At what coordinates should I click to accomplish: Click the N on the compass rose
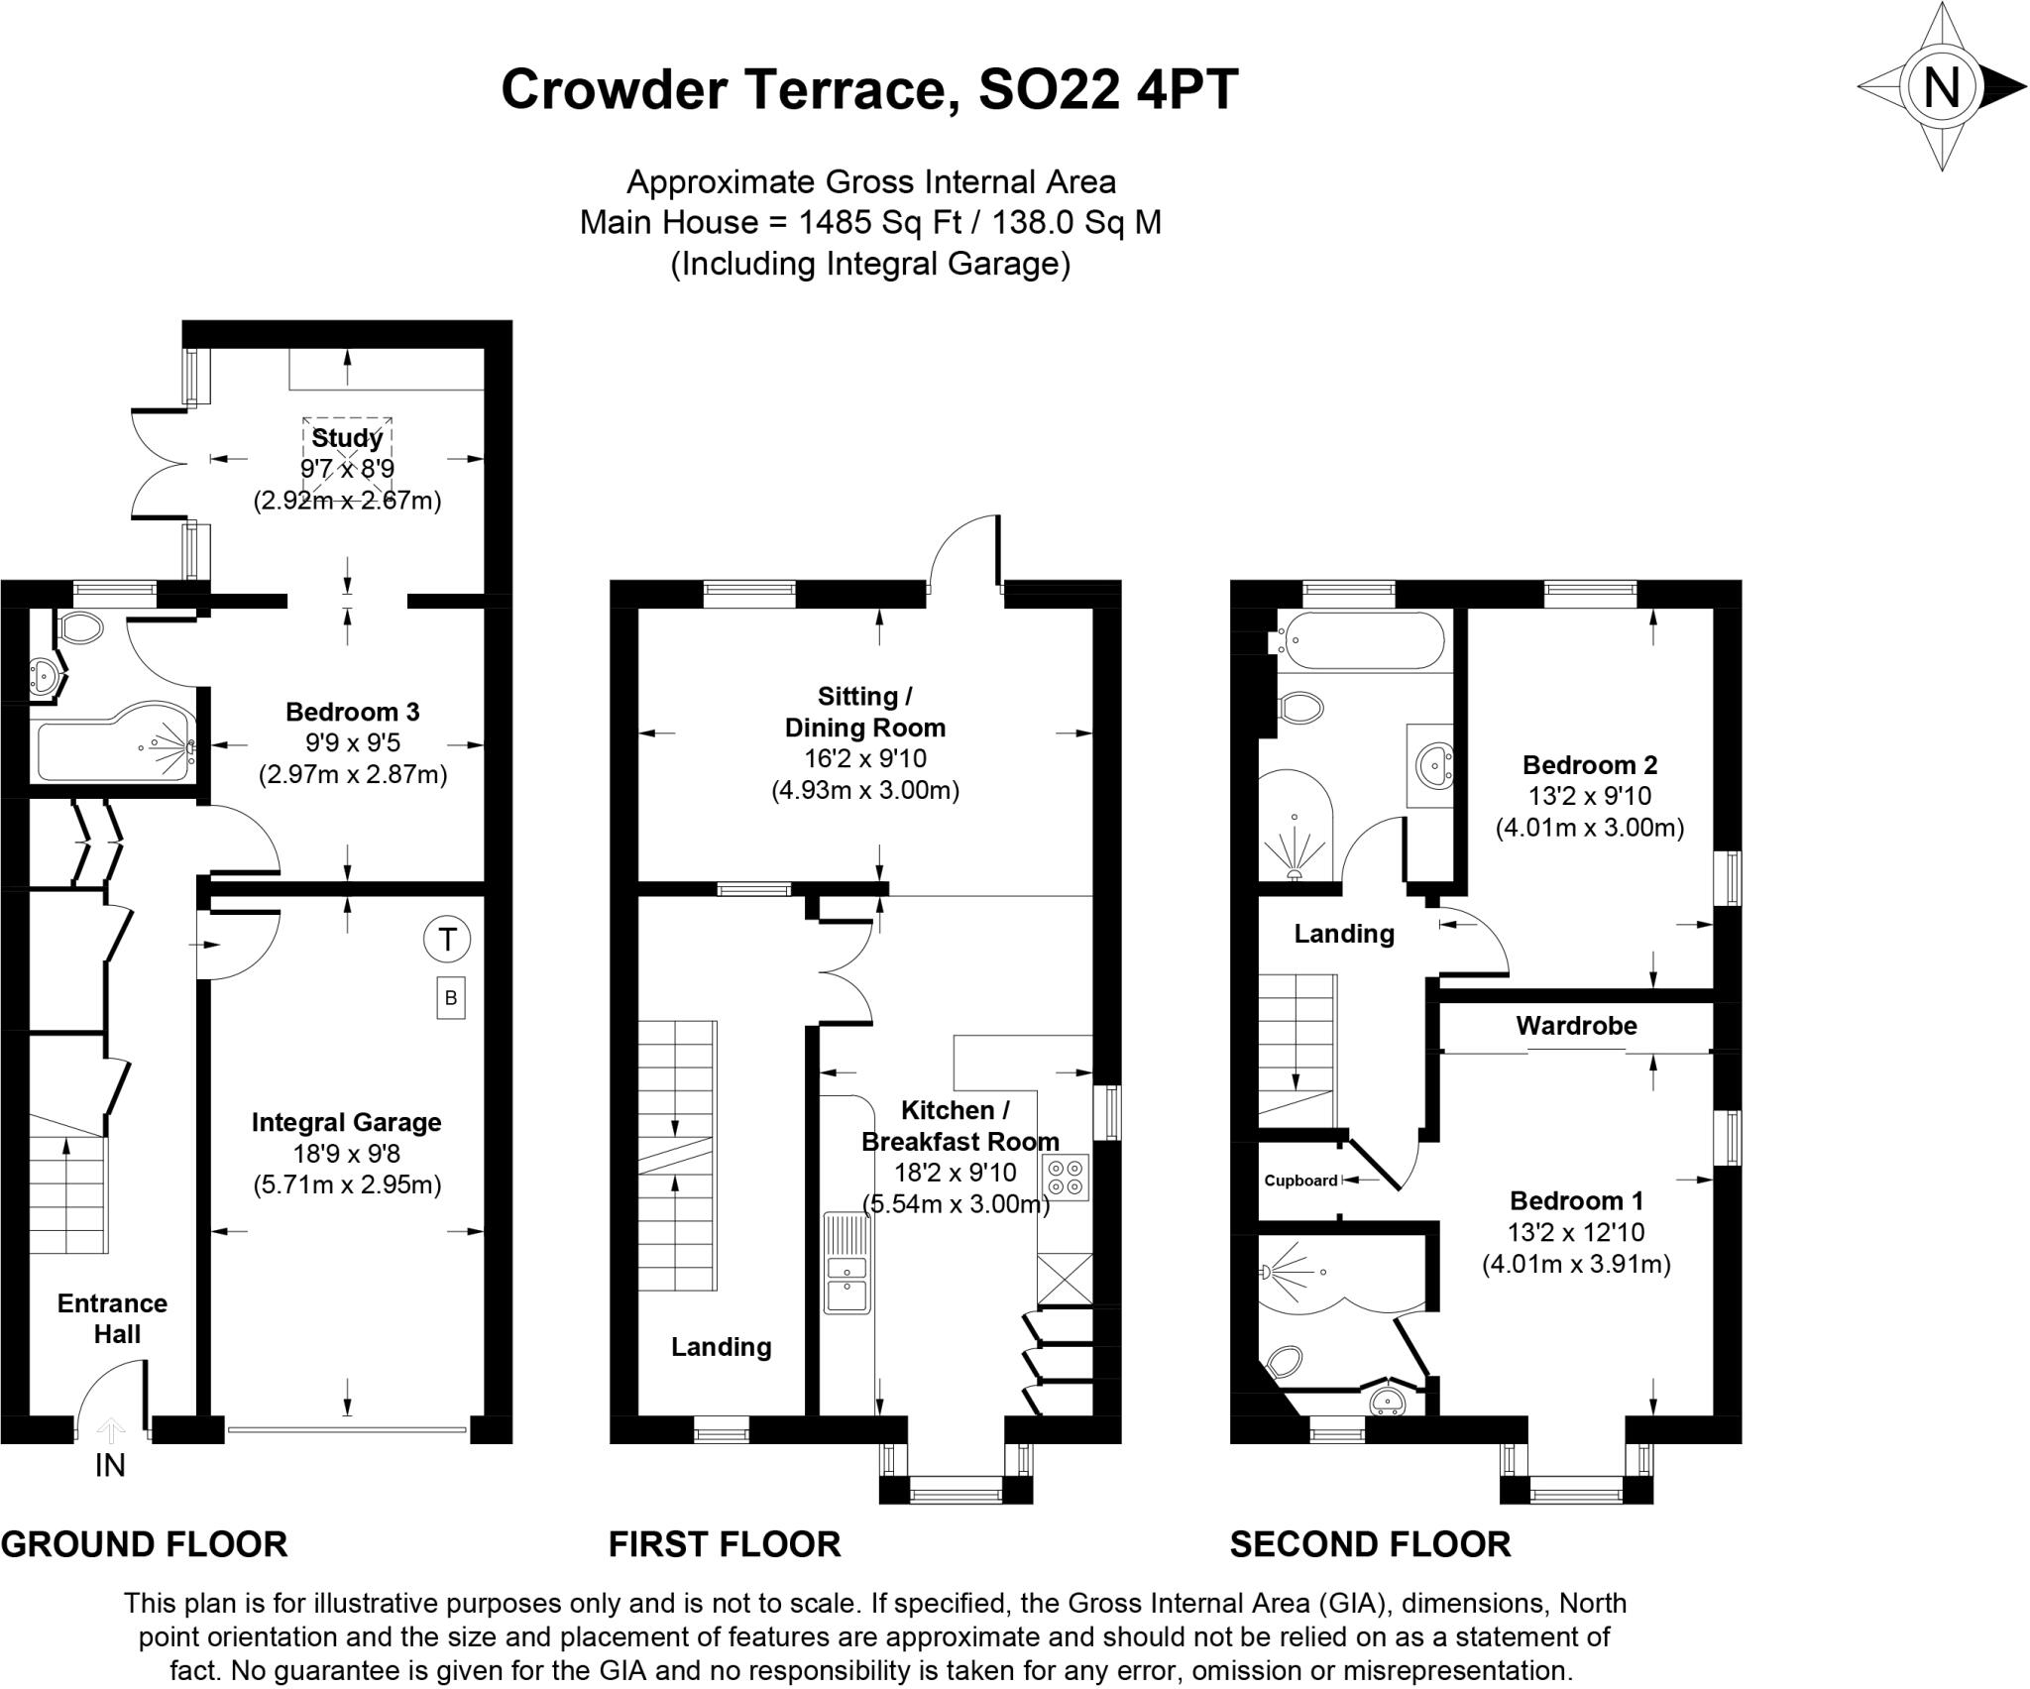pyautogui.click(x=1942, y=87)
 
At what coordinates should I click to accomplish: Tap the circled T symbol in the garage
pyautogui.click(x=447, y=939)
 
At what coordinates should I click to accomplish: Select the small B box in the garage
pyautogui.click(x=451, y=998)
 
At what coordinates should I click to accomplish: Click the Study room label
pyautogui.click(x=347, y=438)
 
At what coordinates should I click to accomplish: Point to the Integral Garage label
pyautogui.click(x=346, y=1122)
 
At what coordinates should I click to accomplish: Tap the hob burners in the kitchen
pyautogui.click(x=1065, y=1178)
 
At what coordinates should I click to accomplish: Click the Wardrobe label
pyautogui.click(x=1576, y=1026)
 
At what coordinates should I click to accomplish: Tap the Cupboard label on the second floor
pyautogui.click(x=1300, y=1181)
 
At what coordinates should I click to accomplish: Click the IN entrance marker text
pyautogui.click(x=110, y=1465)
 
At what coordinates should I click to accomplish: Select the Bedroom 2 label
pyautogui.click(x=1590, y=765)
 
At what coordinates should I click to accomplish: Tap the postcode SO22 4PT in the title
pyautogui.click(x=1108, y=89)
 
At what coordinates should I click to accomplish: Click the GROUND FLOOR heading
pyautogui.click(x=145, y=1544)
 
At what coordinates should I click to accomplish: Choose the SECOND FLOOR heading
pyautogui.click(x=1371, y=1544)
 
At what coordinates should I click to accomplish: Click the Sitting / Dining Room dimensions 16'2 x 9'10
pyautogui.click(x=864, y=759)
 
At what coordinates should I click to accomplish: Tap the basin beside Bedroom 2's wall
pyautogui.click(x=1429, y=765)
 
